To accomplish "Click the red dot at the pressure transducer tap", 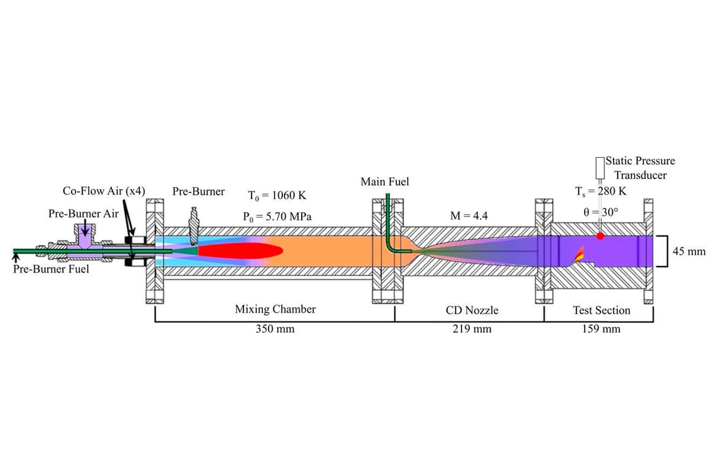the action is pos(600,236).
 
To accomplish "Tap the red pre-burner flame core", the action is pos(240,251).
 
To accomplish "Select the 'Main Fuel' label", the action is pos(385,182).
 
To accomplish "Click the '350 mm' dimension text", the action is pos(275,329).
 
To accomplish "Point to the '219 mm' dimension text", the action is pos(472,329).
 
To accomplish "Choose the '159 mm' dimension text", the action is pos(601,329).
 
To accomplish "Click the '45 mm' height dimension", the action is pos(689,251).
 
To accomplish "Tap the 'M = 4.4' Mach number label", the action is pos(469,216).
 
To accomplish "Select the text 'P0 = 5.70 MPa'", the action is pos(277,217).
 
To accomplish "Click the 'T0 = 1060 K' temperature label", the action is pos(277,196).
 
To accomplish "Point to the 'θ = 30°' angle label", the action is pos(601,212).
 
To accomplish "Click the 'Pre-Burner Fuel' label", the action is pos(51,269).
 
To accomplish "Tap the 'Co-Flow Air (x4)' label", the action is pos(104,191).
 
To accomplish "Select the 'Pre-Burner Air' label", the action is pos(83,213).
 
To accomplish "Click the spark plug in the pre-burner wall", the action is pos(193,226).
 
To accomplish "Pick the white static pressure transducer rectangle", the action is pos(600,168).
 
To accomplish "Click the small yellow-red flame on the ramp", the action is pos(579,254).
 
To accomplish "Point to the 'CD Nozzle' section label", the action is pos(472,310).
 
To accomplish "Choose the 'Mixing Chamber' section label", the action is pos(275,309).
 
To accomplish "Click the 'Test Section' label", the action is pos(601,310).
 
